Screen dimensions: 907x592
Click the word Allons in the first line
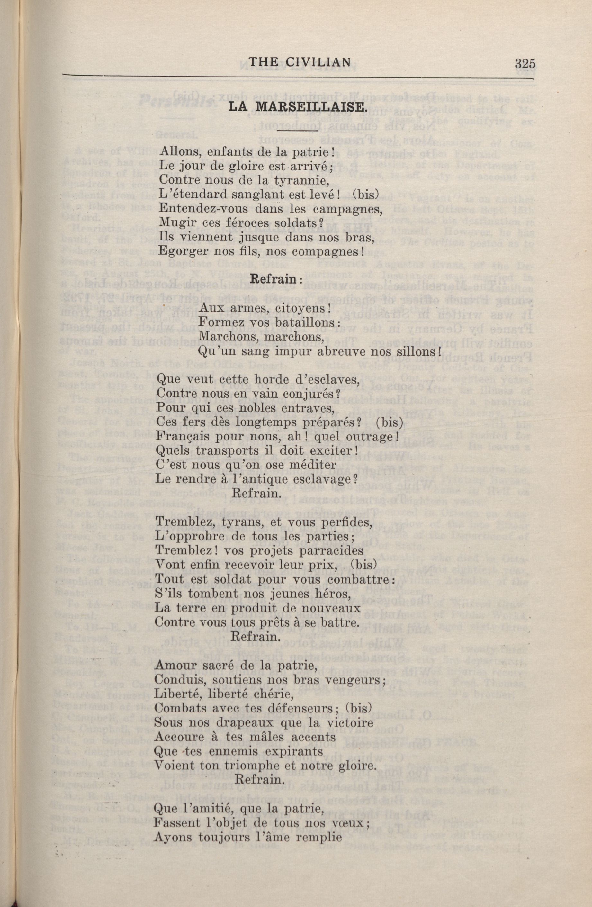(176, 151)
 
